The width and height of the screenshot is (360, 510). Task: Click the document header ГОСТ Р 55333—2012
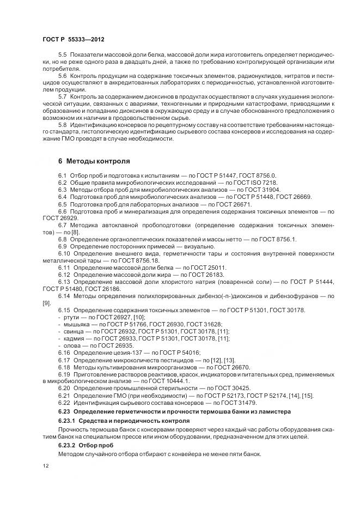74,40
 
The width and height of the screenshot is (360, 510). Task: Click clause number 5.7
63,96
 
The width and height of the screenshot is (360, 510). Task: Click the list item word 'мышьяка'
75,324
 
